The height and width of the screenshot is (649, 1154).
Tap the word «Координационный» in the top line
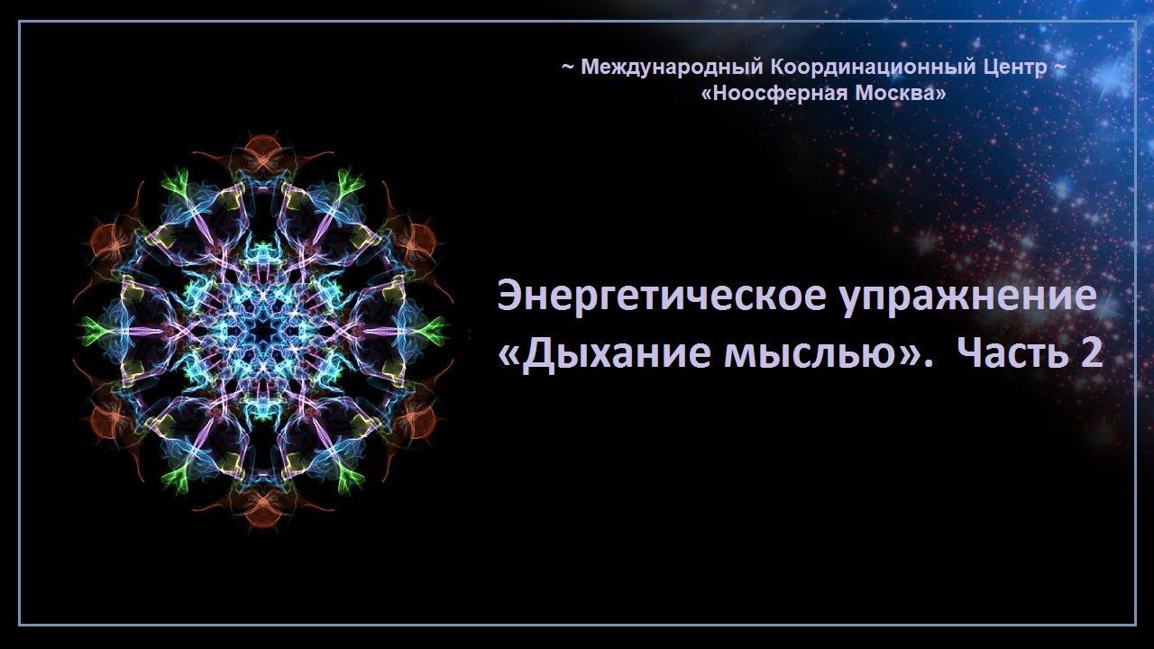872,68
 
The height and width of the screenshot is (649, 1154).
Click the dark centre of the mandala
263,330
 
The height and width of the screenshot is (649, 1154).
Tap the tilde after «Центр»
1059,68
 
